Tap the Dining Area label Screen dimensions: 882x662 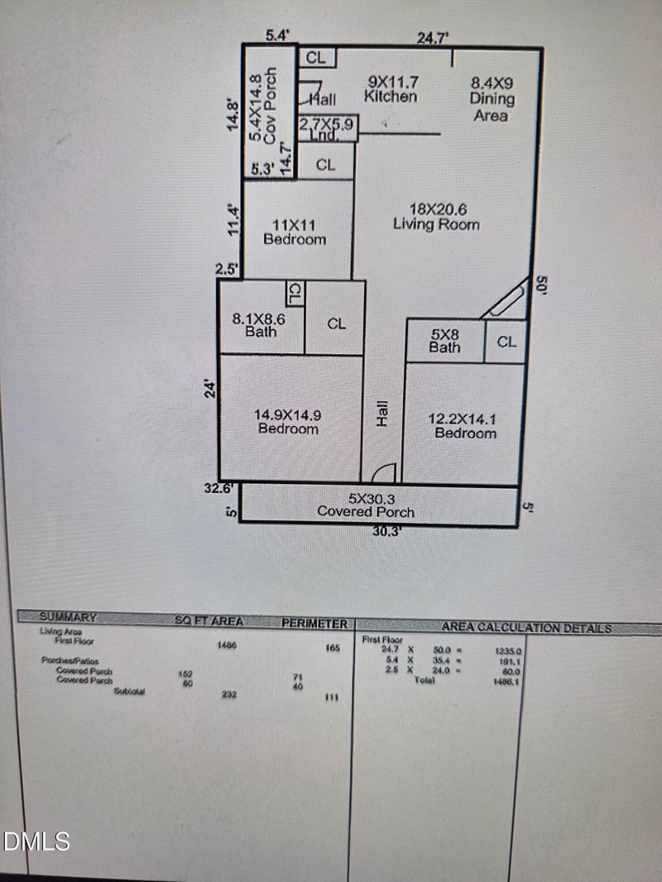492,99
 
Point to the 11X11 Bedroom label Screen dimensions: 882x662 294,232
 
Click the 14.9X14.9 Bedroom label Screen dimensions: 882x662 288,421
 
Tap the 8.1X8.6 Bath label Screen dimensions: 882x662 260,324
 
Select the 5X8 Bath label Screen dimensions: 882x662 444,341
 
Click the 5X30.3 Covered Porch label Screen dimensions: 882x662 366,506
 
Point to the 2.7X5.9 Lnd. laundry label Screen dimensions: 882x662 326,128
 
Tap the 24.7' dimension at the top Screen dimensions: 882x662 431,37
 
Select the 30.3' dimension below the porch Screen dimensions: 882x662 386,532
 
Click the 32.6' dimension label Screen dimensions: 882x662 221,488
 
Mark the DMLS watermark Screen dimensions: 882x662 36,842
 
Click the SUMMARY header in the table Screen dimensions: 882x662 68,617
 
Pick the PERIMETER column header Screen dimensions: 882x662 314,623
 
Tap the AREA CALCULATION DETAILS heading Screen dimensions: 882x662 526,628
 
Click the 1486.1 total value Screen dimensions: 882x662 506,681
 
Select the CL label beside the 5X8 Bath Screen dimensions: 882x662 506,341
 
